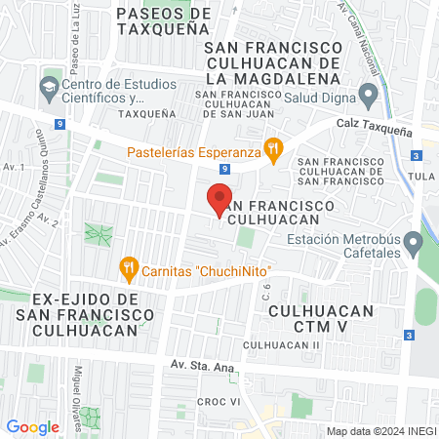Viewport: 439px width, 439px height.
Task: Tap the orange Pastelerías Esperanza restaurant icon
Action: tap(275, 150)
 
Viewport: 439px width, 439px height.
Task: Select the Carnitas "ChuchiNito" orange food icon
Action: tap(127, 266)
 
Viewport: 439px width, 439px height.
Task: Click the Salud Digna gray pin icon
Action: tap(368, 96)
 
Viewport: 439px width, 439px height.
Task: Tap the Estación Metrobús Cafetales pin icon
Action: tap(415, 240)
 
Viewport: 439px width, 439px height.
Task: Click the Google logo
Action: tap(33, 427)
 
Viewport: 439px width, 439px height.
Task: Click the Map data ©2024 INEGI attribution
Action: tap(380, 430)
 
